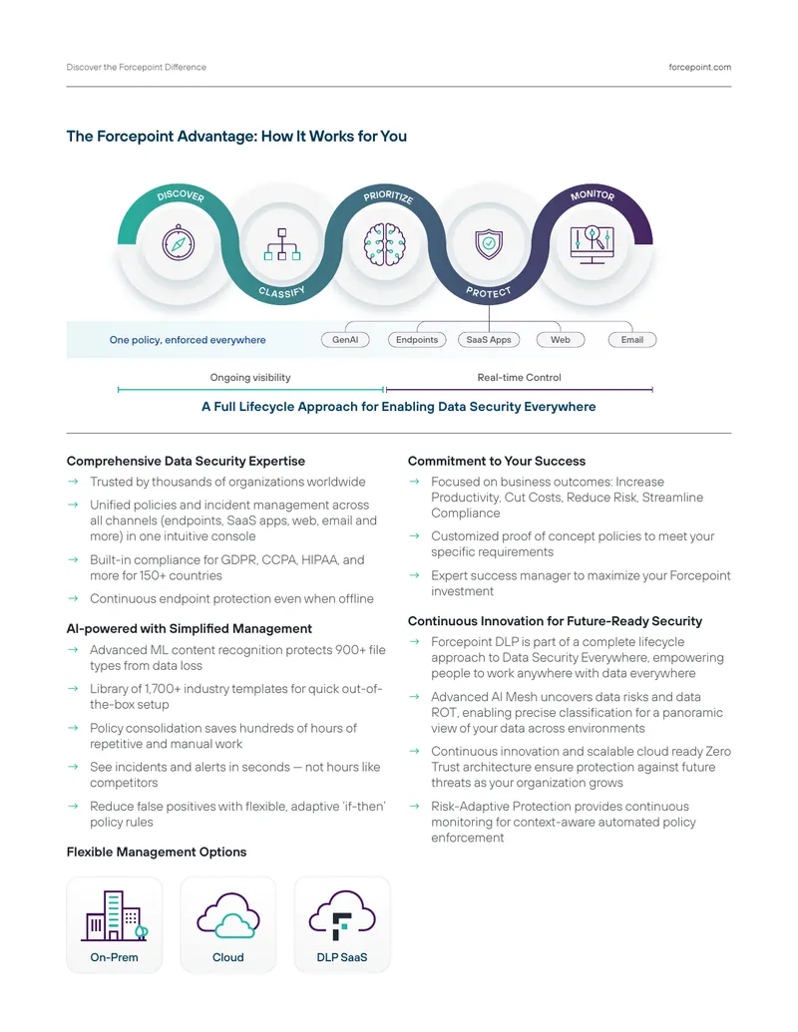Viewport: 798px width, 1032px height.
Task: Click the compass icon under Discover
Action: tap(179, 243)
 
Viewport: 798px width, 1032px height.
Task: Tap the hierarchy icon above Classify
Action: tap(282, 244)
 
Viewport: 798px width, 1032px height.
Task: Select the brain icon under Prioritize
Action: tap(385, 244)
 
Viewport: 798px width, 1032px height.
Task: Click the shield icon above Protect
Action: tap(489, 243)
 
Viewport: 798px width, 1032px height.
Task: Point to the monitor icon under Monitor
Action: tap(592, 244)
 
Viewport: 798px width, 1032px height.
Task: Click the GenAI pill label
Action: tap(345, 340)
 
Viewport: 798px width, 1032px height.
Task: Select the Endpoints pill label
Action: tap(417, 340)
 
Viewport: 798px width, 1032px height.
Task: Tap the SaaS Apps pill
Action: tap(489, 340)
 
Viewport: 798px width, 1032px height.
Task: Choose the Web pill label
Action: tap(561, 340)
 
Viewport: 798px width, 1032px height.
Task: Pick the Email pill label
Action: tap(632, 340)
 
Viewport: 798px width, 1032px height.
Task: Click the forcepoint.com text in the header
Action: tap(700, 67)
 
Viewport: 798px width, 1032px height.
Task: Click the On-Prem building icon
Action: tap(115, 915)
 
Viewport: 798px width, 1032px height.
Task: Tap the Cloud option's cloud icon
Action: tap(227, 915)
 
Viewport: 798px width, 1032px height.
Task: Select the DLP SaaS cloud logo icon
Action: tap(342, 915)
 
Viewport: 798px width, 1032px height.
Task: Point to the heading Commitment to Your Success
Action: tap(497, 461)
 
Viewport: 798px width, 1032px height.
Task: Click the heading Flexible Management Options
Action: tap(157, 852)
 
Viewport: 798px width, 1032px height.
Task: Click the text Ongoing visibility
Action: tap(250, 377)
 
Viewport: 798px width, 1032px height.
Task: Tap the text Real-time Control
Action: tap(520, 377)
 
